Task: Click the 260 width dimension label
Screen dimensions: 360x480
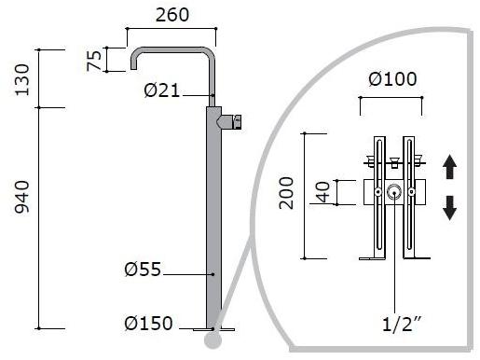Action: (171, 16)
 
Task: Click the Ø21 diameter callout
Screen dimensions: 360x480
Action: (162, 90)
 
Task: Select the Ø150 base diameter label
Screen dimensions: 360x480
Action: (148, 324)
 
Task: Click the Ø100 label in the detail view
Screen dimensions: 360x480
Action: (392, 78)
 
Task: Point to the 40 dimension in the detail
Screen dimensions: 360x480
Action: (322, 193)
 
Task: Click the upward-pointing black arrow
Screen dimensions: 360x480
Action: (449, 167)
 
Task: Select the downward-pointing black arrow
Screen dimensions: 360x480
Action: (449, 206)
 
